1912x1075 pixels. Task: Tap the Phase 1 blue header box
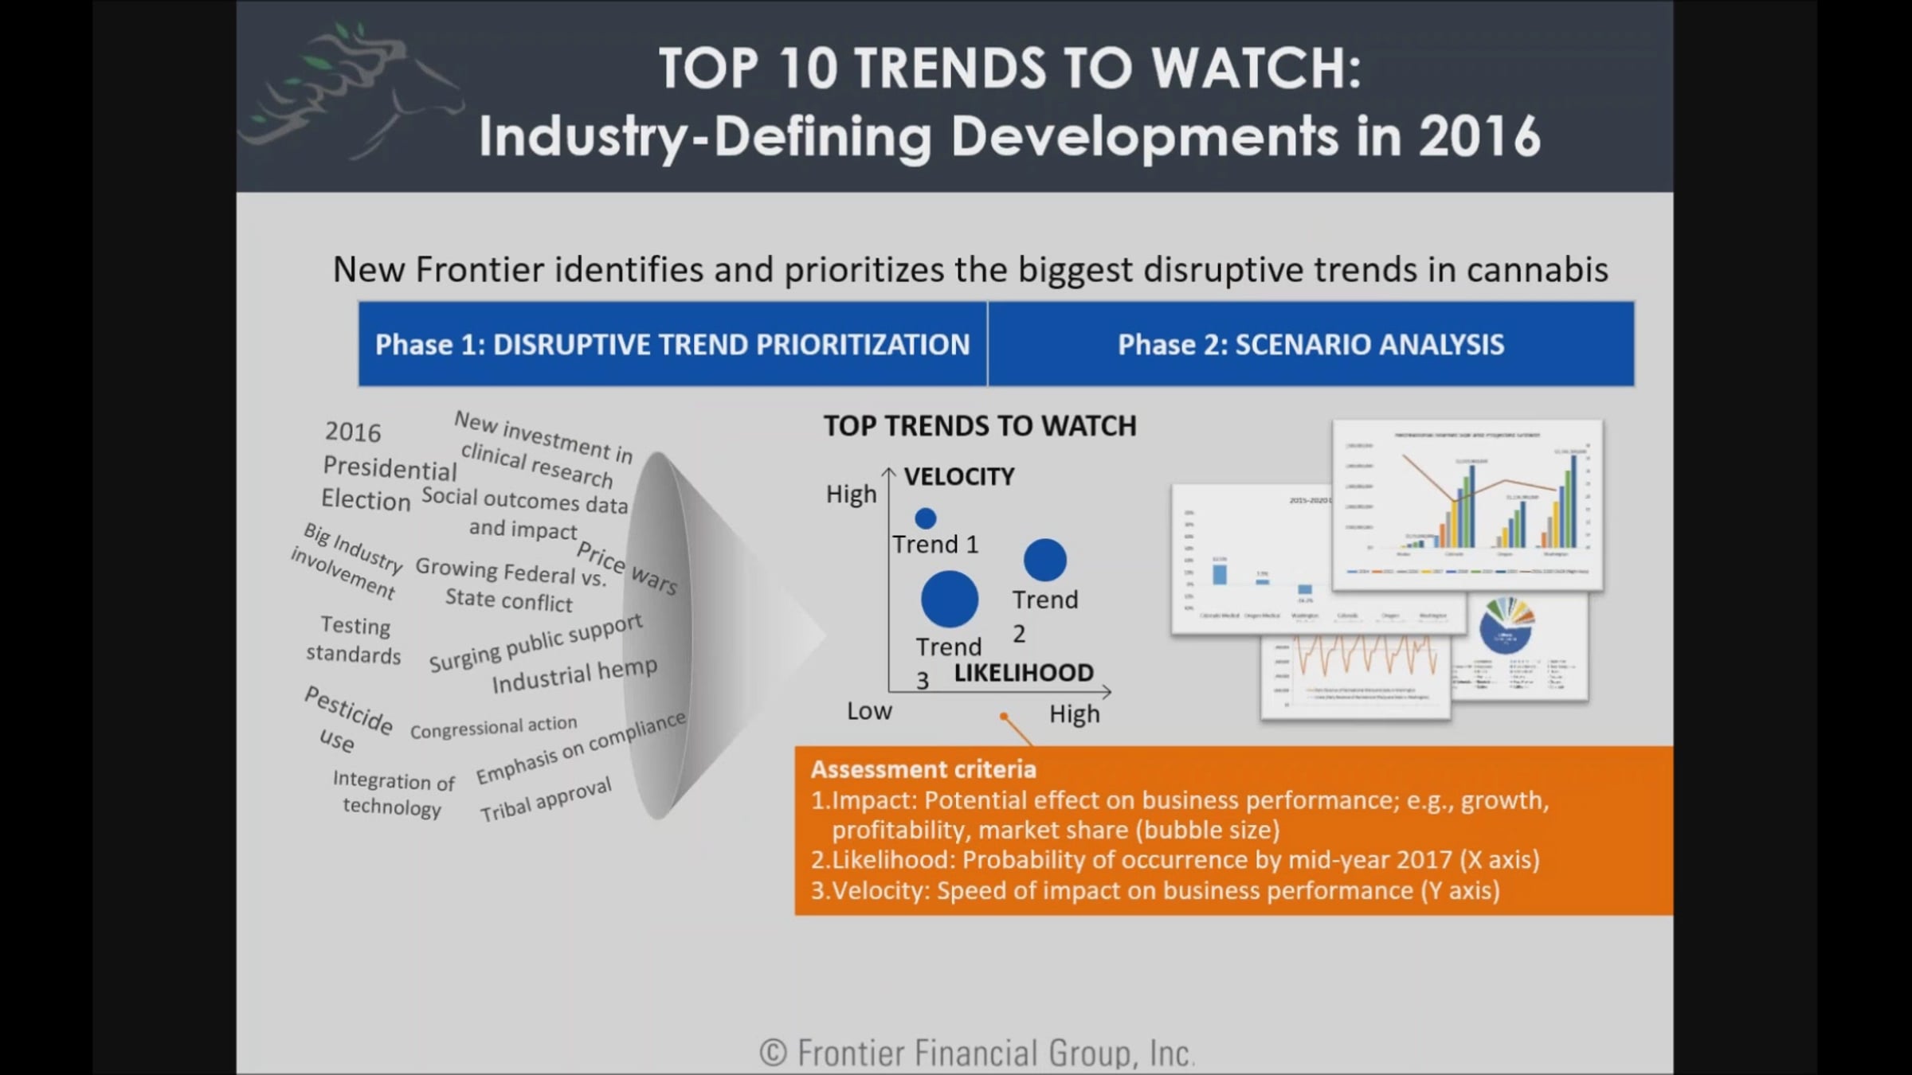click(672, 344)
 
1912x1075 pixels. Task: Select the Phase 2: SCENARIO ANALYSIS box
click(1311, 344)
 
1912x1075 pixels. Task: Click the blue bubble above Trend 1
click(925, 518)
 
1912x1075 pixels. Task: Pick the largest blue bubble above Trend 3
click(949, 599)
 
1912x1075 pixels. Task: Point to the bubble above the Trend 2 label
click(1044, 560)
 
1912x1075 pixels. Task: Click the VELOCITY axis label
click(958, 476)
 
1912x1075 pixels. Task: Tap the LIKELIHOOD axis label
click(1024, 673)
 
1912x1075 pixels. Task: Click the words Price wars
click(627, 568)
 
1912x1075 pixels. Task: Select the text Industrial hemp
click(574, 674)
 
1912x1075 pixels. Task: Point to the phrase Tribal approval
click(546, 799)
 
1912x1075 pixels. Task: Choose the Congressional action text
click(493, 727)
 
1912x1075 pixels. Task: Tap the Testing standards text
click(354, 640)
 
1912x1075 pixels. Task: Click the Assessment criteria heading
click(923, 769)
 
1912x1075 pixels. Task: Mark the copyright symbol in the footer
click(773, 1053)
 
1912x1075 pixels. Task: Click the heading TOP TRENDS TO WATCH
click(980, 426)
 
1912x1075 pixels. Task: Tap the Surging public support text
click(535, 642)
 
